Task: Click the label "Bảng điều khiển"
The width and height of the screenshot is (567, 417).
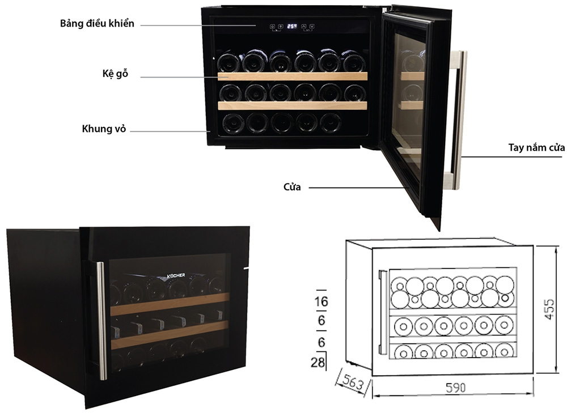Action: [97, 24]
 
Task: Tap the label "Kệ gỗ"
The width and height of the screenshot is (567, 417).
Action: [115, 74]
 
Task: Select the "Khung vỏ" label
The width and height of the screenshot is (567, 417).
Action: [104, 129]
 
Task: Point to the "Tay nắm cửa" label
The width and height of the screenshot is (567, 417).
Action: [536, 147]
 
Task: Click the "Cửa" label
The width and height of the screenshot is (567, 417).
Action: [292, 187]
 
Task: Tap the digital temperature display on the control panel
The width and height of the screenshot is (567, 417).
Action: [292, 27]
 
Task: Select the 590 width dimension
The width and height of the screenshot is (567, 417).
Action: [455, 388]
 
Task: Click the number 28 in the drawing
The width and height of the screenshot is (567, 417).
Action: [318, 362]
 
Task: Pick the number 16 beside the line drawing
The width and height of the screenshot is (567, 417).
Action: [321, 301]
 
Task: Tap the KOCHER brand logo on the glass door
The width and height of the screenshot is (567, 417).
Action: [176, 276]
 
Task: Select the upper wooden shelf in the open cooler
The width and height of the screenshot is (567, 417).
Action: [292, 76]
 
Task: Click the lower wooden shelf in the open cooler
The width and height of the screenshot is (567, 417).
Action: [292, 105]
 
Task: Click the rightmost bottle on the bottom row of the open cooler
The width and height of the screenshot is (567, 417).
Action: [331, 123]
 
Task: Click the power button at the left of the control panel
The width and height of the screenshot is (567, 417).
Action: [272, 27]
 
